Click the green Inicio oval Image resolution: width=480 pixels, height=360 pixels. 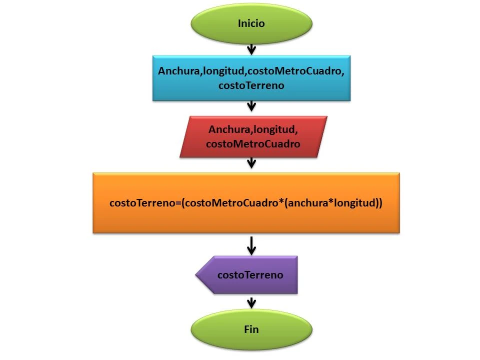pyautogui.click(x=251, y=23)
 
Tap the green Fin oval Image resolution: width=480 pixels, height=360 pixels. pyautogui.click(x=251, y=329)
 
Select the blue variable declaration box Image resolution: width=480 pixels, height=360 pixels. pyautogui.click(x=251, y=78)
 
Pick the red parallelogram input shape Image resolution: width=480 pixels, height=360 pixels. pyautogui.click(x=253, y=136)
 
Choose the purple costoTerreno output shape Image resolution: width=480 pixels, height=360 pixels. pyautogui.click(x=247, y=274)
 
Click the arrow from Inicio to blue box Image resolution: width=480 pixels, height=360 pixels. pyautogui.click(x=251, y=48)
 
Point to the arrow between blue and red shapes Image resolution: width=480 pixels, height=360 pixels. pyautogui.click(x=251, y=105)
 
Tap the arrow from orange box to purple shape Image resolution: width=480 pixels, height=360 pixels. pyautogui.click(x=251, y=245)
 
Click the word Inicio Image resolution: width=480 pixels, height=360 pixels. pyautogui.click(x=251, y=23)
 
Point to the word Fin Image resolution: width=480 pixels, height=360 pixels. pyautogui.click(x=251, y=329)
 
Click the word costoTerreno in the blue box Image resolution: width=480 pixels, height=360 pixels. pyautogui.click(x=251, y=85)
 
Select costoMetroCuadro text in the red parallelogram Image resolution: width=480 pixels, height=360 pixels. pyautogui.click(x=253, y=144)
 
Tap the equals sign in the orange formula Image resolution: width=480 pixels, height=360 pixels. pyautogui.click(x=179, y=203)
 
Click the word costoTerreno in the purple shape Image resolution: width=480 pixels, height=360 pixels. pyautogui.click(x=250, y=274)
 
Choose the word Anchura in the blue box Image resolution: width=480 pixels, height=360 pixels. pyautogui.click(x=178, y=71)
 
